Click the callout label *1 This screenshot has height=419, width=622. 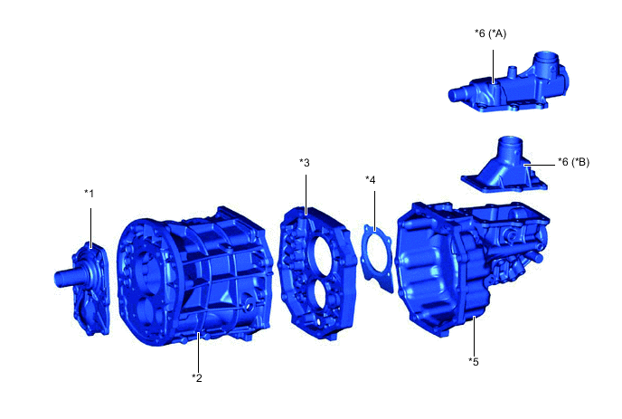(x=90, y=194)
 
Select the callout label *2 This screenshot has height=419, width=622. (x=197, y=377)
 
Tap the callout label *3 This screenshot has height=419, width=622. (x=305, y=163)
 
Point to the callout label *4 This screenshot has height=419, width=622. (x=370, y=180)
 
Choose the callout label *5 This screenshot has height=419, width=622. (x=474, y=361)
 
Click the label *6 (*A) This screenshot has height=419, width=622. (x=491, y=33)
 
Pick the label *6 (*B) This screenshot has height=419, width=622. (x=573, y=162)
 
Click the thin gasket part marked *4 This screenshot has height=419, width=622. (x=378, y=258)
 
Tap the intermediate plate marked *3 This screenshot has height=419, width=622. (x=317, y=273)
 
